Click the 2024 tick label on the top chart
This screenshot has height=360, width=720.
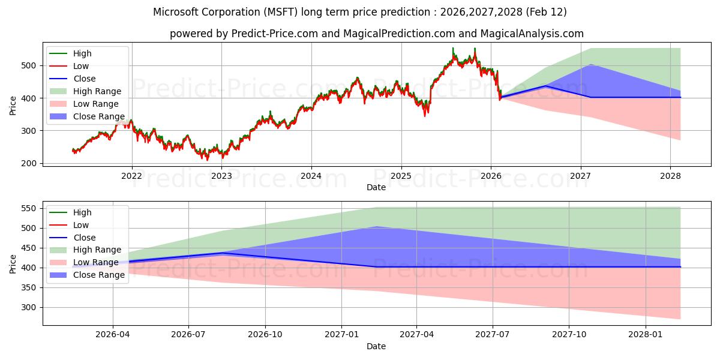311,176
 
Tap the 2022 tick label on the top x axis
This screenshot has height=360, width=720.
131,176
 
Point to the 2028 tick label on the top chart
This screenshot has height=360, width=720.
670,176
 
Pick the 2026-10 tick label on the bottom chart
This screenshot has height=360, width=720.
265,335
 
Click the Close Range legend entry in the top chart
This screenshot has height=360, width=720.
98,116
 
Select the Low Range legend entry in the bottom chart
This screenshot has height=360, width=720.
96,262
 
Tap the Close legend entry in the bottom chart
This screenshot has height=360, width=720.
84,238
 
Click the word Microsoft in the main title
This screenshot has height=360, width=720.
175,12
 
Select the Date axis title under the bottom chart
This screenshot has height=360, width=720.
376,346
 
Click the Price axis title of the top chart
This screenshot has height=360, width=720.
13,105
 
